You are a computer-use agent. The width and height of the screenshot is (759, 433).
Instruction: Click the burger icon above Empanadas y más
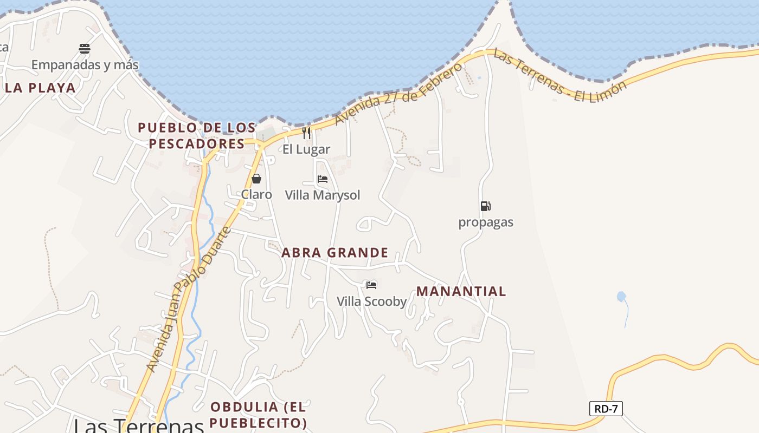(x=85, y=49)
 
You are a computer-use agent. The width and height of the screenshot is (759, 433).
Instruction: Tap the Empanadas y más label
(x=85, y=65)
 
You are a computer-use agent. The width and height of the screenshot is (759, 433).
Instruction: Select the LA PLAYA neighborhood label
(x=40, y=88)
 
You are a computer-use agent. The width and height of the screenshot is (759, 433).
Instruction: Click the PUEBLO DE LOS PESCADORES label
(x=197, y=135)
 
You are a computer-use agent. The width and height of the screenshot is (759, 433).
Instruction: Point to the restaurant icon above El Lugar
(x=306, y=133)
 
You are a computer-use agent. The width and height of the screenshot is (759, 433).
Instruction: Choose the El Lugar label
(x=306, y=149)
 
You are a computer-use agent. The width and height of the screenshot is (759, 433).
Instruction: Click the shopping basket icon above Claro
(x=256, y=179)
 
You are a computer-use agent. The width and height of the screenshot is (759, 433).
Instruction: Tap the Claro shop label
(x=256, y=194)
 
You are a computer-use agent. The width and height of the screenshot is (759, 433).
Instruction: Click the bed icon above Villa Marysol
(x=323, y=179)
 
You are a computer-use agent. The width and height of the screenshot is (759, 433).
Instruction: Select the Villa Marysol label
(x=323, y=195)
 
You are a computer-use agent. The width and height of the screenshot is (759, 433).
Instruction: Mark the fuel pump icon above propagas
(x=485, y=206)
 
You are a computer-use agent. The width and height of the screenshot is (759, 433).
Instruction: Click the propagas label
(x=486, y=222)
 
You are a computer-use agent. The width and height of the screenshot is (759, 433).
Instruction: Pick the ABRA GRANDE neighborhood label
(x=335, y=253)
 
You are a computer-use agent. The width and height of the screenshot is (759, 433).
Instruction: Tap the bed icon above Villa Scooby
(x=371, y=285)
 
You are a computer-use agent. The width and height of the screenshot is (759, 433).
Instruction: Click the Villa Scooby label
(x=371, y=301)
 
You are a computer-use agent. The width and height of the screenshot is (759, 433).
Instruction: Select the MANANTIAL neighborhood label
(x=461, y=291)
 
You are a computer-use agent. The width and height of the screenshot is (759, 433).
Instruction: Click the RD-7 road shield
(x=606, y=409)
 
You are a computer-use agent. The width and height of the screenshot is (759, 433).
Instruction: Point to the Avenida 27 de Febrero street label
(x=398, y=93)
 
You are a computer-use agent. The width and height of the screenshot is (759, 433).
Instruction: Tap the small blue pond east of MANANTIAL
(x=621, y=297)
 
